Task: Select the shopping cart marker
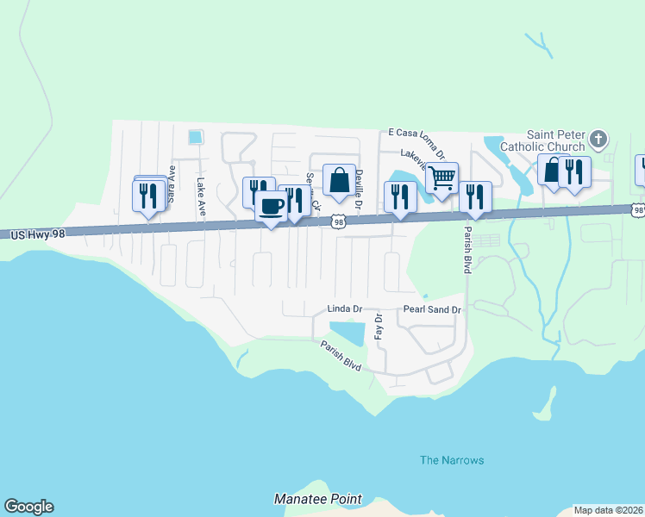click(441, 178)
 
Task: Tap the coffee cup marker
click(271, 206)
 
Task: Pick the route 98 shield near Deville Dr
click(339, 222)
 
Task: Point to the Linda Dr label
click(343, 308)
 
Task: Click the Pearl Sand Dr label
click(432, 308)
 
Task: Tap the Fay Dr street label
click(378, 326)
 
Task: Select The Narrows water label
click(452, 460)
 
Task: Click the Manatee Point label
click(318, 499)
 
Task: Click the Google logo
click(28, 507)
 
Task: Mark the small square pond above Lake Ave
click(195, 136)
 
